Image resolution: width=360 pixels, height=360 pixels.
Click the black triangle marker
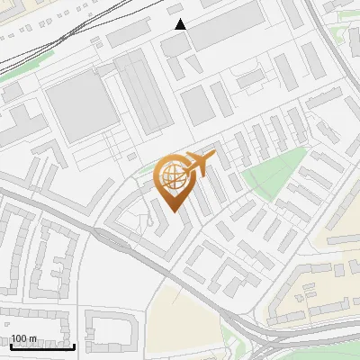coord(181,24)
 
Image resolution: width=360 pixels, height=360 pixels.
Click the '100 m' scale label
coord(23,338)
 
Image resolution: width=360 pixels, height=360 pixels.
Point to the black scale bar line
coord(41,346)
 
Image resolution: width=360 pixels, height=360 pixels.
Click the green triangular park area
coord(274,170)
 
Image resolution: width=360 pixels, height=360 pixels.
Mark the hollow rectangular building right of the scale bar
coord(108,328)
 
